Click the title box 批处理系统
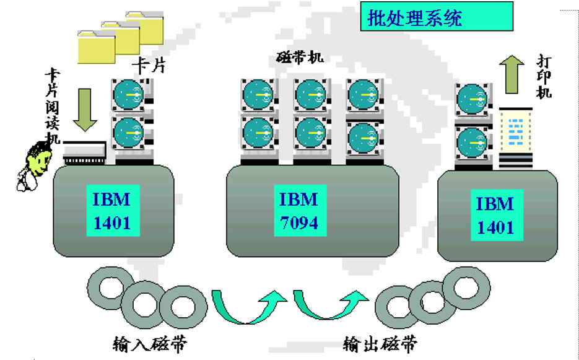click(x=437, y=17)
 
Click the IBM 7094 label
click(x=298, y=211)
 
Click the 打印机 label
click(x=544, y=78)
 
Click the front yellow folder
click(x=96, y=48)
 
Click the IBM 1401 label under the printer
click(x=495, y=215)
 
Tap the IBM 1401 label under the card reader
click(x=111, y=211)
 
